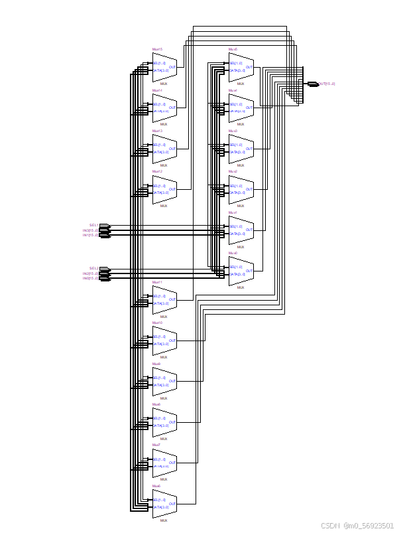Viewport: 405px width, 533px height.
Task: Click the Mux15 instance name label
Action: click(157, 50)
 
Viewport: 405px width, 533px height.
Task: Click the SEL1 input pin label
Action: click(93, 226)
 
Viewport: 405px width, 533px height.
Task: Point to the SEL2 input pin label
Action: click(93, 269)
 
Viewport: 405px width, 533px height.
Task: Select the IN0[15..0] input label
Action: click(90, 278)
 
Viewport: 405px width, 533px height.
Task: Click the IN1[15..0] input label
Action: click(90, 235)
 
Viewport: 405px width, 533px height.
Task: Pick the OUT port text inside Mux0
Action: click(249, 270)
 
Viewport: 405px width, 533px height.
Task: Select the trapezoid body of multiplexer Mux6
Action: click(164, 504)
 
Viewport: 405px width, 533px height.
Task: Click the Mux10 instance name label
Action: click(157, 323)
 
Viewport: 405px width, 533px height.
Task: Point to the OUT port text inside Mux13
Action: click(172, 149)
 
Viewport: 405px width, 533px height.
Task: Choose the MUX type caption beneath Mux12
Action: click(164, 206)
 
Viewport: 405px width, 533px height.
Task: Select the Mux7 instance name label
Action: click(156, 445)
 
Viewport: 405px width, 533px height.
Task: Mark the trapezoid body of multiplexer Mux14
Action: click(164, 108)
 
